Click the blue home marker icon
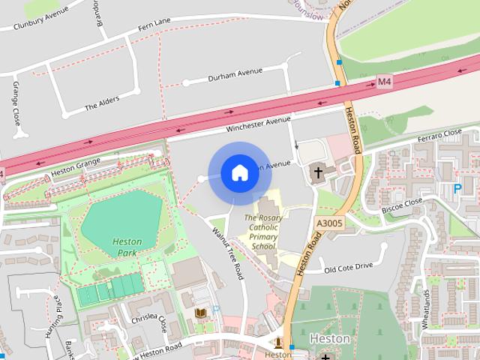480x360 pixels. coord(239,173)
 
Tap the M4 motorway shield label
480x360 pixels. coord(385,81)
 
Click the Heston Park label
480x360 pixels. coord(127,247)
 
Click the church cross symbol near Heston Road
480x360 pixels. coord(318,172)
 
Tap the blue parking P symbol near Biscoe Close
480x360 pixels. coord(457,189)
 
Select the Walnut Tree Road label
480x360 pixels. coord(227,254)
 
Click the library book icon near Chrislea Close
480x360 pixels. coord(200,313)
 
